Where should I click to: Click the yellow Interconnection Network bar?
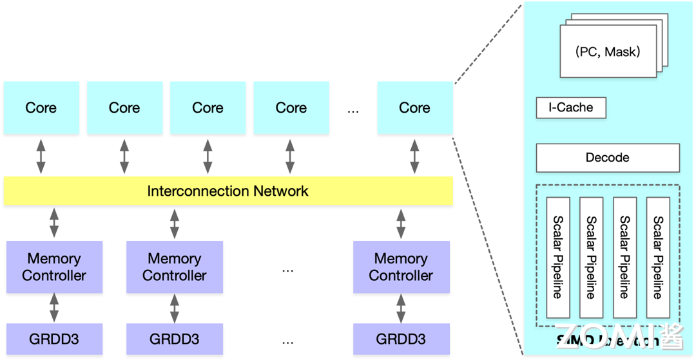(x=228, y=191)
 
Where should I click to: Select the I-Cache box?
(x=571, y=108)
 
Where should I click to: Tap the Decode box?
(x=607, y=158)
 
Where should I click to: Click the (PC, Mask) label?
(x=607, y=52)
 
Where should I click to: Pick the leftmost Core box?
(x=41, y=108)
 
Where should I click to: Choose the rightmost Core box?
(x=414, y=108)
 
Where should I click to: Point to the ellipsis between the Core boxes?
(x=353, y=110)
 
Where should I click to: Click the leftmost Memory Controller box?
(x=54, y=267)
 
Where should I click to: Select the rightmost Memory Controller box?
(x=401, y=267)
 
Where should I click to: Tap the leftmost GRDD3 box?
(x=54, y=339)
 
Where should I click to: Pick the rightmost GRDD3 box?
(x=401, y=339)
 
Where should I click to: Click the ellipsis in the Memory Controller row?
(x=287, y=270)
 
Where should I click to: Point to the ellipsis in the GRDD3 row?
(x=287, y=341)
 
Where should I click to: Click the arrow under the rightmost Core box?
(x=414, y=156)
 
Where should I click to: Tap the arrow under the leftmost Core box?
(x=41, y=156)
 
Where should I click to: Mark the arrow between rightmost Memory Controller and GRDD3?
(x=401, y=308)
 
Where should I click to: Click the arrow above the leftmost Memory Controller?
(x=54, y=223)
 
